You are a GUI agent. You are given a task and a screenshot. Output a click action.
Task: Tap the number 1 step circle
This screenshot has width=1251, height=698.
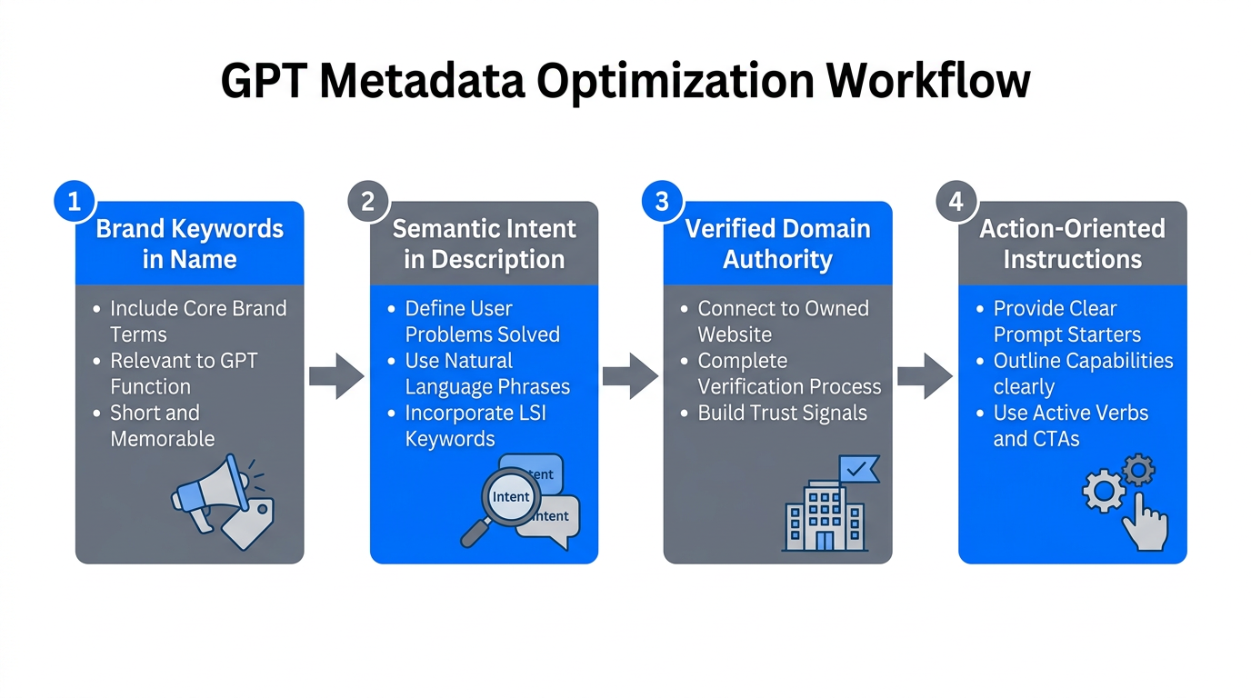(x=75, y=201)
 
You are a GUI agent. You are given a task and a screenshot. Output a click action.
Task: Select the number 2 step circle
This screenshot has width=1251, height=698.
(x=368, y=201)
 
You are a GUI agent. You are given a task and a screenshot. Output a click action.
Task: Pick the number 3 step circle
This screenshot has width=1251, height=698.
(x=662, y=201)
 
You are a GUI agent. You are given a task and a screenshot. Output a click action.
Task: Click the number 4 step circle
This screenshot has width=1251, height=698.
(x=956, y=201)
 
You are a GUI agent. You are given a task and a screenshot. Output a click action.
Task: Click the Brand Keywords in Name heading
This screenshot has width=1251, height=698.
(x=189, y=244)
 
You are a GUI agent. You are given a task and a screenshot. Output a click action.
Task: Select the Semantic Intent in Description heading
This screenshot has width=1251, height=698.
(x=484, y=244)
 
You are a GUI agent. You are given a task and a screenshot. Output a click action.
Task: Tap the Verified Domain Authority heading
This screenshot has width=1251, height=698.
(x=777, y=244)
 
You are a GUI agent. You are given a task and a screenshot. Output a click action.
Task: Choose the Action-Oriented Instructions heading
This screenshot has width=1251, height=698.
(x=1072, y=244)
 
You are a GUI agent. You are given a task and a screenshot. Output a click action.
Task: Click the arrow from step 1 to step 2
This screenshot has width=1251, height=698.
(x=336, y=376)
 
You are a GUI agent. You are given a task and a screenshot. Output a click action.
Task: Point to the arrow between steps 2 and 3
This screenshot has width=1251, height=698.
(x=630, y=376)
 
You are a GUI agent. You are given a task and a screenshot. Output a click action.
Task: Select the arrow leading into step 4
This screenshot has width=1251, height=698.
(x=925, y=376)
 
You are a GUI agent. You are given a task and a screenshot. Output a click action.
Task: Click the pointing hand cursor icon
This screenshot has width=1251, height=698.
(x=1143, y=520)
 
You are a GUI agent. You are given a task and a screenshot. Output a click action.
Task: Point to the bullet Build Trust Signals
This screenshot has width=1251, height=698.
(x=782, y=413)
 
